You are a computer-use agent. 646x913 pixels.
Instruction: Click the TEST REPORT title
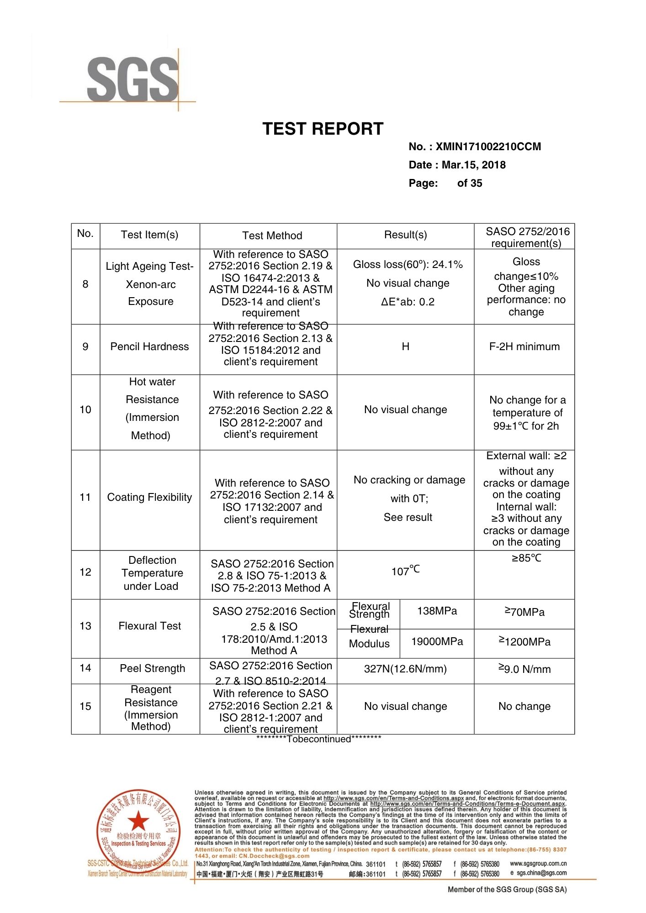[x=323, y=129]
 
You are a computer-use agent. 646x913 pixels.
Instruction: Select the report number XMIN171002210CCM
[x=488, y=147]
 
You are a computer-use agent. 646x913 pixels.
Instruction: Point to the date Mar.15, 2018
[x=473, y=165]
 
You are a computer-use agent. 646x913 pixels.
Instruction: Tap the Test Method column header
[x=272, y=236]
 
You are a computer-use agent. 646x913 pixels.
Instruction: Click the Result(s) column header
[x=405, y=235]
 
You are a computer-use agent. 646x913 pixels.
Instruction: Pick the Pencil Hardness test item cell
[x=149, y=346]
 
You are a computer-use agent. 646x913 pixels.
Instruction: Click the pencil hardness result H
[x=405, y=346]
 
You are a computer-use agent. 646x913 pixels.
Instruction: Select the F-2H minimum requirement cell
[x=524, y=346]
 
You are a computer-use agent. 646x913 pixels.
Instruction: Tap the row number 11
[x=85, y=497]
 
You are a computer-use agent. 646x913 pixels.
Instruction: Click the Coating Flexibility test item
[x=149, y=497]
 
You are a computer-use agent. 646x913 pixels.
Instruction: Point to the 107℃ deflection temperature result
[x=405, y=571]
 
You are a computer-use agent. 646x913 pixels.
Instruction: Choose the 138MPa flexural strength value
[x=437, y=611]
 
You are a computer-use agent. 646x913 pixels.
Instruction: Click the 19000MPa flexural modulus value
[x=437, y=641]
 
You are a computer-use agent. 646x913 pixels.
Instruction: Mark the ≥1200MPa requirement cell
[x=524, y=642]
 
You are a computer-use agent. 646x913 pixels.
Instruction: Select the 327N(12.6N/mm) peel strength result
[x=405, y=669]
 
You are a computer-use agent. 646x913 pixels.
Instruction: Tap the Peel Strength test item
[x=152, y=668]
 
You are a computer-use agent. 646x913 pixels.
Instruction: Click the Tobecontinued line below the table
[x=318, y=739]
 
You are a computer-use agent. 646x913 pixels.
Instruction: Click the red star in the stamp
[x=138, y=822]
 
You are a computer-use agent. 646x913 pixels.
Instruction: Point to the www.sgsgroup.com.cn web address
[x=538, y=864]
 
